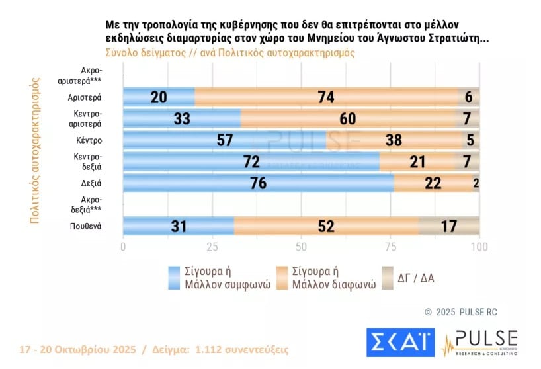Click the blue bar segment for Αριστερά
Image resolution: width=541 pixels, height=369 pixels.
(159, 97)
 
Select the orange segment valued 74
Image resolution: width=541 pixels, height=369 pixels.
(326, 97)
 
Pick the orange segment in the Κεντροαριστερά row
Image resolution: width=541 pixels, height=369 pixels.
(349, 118)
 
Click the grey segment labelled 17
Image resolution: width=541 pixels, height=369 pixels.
(449, 226)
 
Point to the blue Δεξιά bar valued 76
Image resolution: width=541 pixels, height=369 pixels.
(259, 183)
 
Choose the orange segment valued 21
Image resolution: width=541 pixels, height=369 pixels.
(416, 162)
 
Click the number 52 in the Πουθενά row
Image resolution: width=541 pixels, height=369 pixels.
(326, 226)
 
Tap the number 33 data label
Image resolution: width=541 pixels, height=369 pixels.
(182, 119)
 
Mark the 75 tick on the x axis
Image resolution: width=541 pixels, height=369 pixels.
(390, 247)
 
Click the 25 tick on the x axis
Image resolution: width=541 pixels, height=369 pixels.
(212, 247)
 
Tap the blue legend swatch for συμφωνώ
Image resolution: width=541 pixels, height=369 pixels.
(175, 278)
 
